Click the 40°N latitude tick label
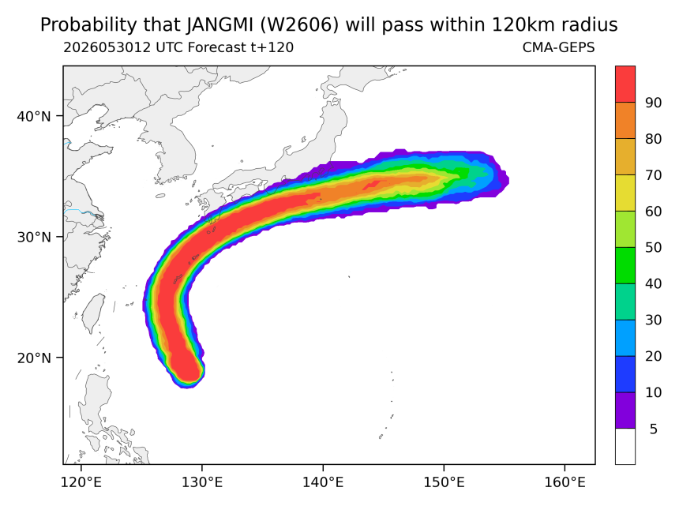tap(34, 117)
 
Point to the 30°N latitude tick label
tap(34, 237)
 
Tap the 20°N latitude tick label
tap(34, 358)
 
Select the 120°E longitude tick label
tap(81, 482)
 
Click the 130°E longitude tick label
tap(202, 482)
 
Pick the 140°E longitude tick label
tap(323, 482)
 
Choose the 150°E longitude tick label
tap(444, 482)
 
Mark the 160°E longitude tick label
tap(565, 482)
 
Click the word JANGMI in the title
tap(219, 25)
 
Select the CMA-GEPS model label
tap(559, 47)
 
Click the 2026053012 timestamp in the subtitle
tap(107, 47)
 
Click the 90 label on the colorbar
tap(654, 103)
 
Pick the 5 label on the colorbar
tap(654, 429)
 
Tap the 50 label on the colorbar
tap(654, 248)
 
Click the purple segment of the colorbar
tap(625, 410)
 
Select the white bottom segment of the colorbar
tap(625, 447)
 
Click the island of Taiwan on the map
tap(94, 313)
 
